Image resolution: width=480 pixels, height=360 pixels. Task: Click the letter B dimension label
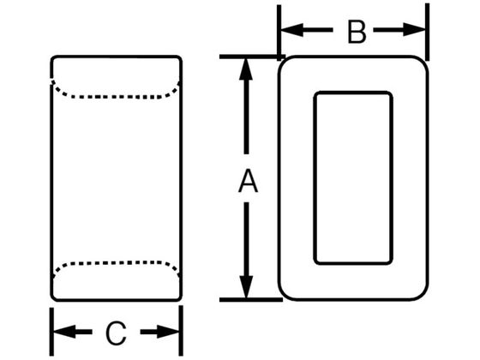click(x=357, y=32)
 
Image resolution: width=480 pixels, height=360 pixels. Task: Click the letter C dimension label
click(x=116, y=333)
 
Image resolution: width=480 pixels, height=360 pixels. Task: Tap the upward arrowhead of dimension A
click(x=246, y=69)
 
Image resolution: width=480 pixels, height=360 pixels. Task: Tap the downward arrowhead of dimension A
click(x=246, y=287)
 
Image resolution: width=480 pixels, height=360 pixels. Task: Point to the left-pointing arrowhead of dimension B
click(x=292, y=30)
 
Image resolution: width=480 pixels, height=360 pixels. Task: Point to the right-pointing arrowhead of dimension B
click(x=414, y=30)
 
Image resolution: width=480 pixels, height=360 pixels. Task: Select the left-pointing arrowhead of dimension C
click(x=64, y=332)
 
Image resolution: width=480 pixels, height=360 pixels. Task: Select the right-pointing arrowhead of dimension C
click(x=168, y=332)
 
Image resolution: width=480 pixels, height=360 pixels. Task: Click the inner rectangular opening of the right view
click(x=353, y=177)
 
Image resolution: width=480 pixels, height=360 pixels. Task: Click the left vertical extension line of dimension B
click(x=279, y=33)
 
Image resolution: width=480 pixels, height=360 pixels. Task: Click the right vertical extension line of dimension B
click(x=428, y=32)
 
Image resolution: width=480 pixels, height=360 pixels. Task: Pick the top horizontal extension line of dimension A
click(x=252, y=57)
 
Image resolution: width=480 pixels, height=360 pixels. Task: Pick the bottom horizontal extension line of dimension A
click(x=251, y=299)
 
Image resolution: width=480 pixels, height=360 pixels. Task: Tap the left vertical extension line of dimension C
click(x=51, y=332)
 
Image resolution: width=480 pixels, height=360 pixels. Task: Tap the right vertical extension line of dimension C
click(x=181, y=331)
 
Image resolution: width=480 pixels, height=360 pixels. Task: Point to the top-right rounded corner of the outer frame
click(x=422, y=63)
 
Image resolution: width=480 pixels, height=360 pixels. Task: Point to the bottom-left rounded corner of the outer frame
click(x=284, y=293)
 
